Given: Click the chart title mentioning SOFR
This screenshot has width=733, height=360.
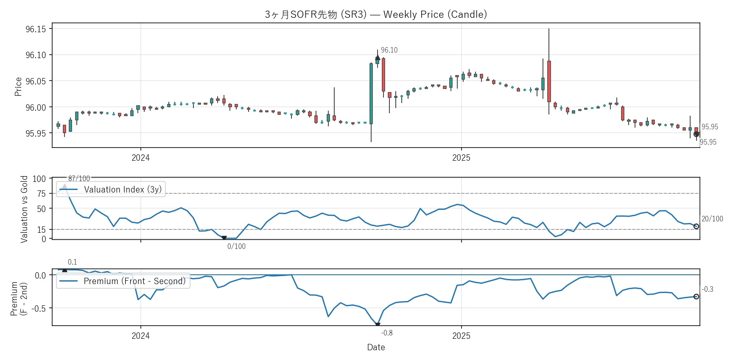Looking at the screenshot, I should click(376, 14).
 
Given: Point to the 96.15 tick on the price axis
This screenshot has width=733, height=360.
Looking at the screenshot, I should click(36, 29).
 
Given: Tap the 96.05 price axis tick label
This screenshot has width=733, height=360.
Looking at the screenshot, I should click(36, 81).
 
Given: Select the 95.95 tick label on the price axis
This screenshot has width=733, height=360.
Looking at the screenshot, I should click(36, 134).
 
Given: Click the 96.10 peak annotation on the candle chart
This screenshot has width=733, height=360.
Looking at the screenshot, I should click(389, 50).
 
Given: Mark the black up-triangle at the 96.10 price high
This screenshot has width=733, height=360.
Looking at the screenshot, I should click(378, 58).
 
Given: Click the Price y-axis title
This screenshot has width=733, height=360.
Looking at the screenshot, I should click(18, 87).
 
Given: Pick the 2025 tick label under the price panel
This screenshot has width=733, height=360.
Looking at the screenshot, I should click(461, 158).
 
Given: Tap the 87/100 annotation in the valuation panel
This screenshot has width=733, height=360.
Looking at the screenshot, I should click(79, 179).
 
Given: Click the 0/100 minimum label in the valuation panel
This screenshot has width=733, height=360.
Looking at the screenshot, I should click(236, 246).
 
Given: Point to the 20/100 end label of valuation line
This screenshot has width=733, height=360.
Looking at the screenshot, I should click(712, 219).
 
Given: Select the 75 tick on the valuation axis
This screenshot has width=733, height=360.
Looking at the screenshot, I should click(41, 194).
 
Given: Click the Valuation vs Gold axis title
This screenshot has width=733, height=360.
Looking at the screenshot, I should click(24, 209).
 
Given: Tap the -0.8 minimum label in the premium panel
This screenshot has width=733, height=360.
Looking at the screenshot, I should click(387, 333).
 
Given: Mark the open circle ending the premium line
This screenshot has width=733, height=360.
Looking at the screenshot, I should click(696, 296).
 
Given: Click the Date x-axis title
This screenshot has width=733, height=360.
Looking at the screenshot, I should click(376, 347).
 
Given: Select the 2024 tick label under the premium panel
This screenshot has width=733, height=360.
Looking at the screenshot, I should click(140, 336).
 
